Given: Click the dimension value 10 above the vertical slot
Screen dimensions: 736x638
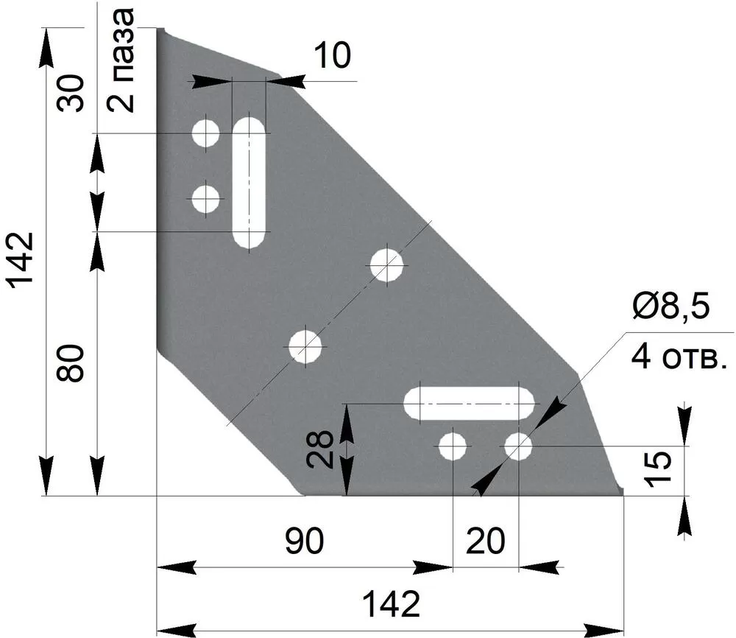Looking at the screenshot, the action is pyautogui.click(x=332, y=55).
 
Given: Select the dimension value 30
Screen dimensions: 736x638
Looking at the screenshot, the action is pyautogui.click(x=71, y=93).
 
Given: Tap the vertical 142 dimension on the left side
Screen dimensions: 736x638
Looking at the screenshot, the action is pyautogui.click(x=19, y=259).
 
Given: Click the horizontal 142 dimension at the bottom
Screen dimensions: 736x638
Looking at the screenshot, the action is pyautogui.click(x=391, y=604).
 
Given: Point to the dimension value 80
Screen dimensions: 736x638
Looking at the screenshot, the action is pyautogui.click(x=70, y=362).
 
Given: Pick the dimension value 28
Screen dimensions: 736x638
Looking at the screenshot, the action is pyautogui.click(x=319, y=450).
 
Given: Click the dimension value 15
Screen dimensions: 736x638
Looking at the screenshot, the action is pyautogui.click(x=657, y=469).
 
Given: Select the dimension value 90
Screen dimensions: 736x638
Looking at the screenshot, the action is pyautogui.click(x=304, y=541).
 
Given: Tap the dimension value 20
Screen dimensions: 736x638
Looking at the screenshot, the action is pyautogui.click(x=485, y=541).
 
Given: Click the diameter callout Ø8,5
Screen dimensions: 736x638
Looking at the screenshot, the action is pyautogui.click(x=670, y=306).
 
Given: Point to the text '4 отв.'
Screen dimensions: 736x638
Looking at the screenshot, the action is pyautogui.click(x=679, y=357).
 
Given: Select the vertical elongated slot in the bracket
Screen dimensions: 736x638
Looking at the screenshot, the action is pyautogui.click(x=250, y=182).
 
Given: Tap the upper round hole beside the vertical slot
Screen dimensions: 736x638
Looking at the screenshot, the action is pyautogui.click(x=205, y=133).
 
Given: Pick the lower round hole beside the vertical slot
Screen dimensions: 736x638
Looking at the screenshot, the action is pyautogui.click(x=205, y=199).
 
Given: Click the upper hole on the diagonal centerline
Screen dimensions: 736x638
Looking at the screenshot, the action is pyautogui.click(x=387, y=265).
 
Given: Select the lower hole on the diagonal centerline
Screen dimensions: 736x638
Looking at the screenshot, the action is pyautogui.click(x=305, y=347).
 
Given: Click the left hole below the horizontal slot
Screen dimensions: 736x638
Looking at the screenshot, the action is pyautogui.click(x=453, y=446).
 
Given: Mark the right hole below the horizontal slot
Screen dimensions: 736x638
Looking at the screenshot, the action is pyautogui.click(x=518, y=446).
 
